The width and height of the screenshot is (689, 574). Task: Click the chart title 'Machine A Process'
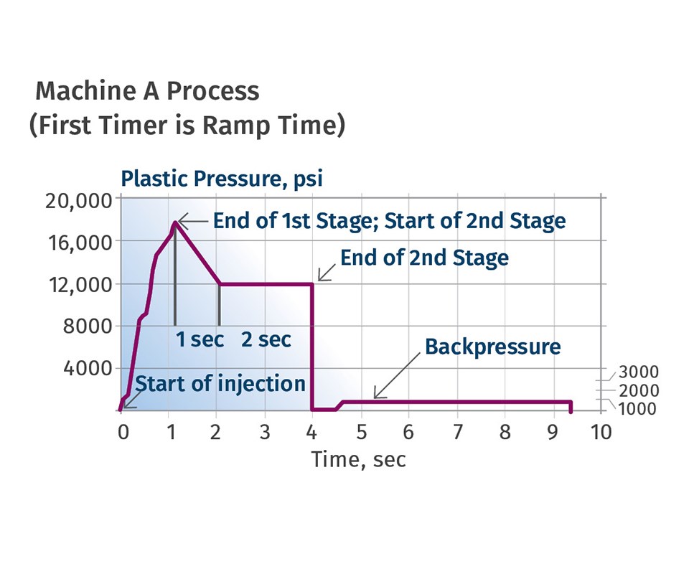(147, 91)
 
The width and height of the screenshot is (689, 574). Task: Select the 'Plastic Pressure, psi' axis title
(222, 179)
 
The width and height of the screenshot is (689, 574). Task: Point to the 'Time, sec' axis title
(358, 459)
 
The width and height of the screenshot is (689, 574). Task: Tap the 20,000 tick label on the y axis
(78, 200)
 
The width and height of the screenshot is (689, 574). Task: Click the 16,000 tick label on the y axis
(78, 242)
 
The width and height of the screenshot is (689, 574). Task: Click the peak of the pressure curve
(174, 222)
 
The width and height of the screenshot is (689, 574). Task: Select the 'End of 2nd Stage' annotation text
(424, 258)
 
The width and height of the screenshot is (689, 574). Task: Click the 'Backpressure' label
(492, 347)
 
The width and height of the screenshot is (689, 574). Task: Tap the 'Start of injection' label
(220, 383)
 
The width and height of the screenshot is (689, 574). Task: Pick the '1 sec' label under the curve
(200, 339)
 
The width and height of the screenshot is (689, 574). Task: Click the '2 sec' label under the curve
(266, 339)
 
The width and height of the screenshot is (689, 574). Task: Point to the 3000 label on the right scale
(638, 372)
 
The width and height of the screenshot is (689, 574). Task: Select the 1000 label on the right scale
(638, 409)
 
